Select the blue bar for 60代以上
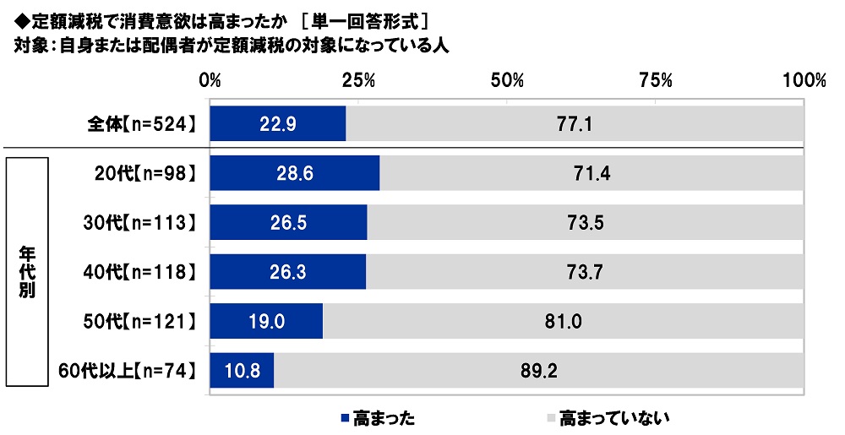coord(242,369)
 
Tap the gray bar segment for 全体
coord(575,124)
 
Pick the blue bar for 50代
coord(265,321)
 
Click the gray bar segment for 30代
coord(585,223)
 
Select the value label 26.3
coord(287,272)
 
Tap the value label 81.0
coord(563,321)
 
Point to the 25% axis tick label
coord(359,81)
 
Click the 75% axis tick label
coord(656,81)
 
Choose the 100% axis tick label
coord(804,81)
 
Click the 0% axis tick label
coord(210,81)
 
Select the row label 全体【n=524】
coord(143,124)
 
